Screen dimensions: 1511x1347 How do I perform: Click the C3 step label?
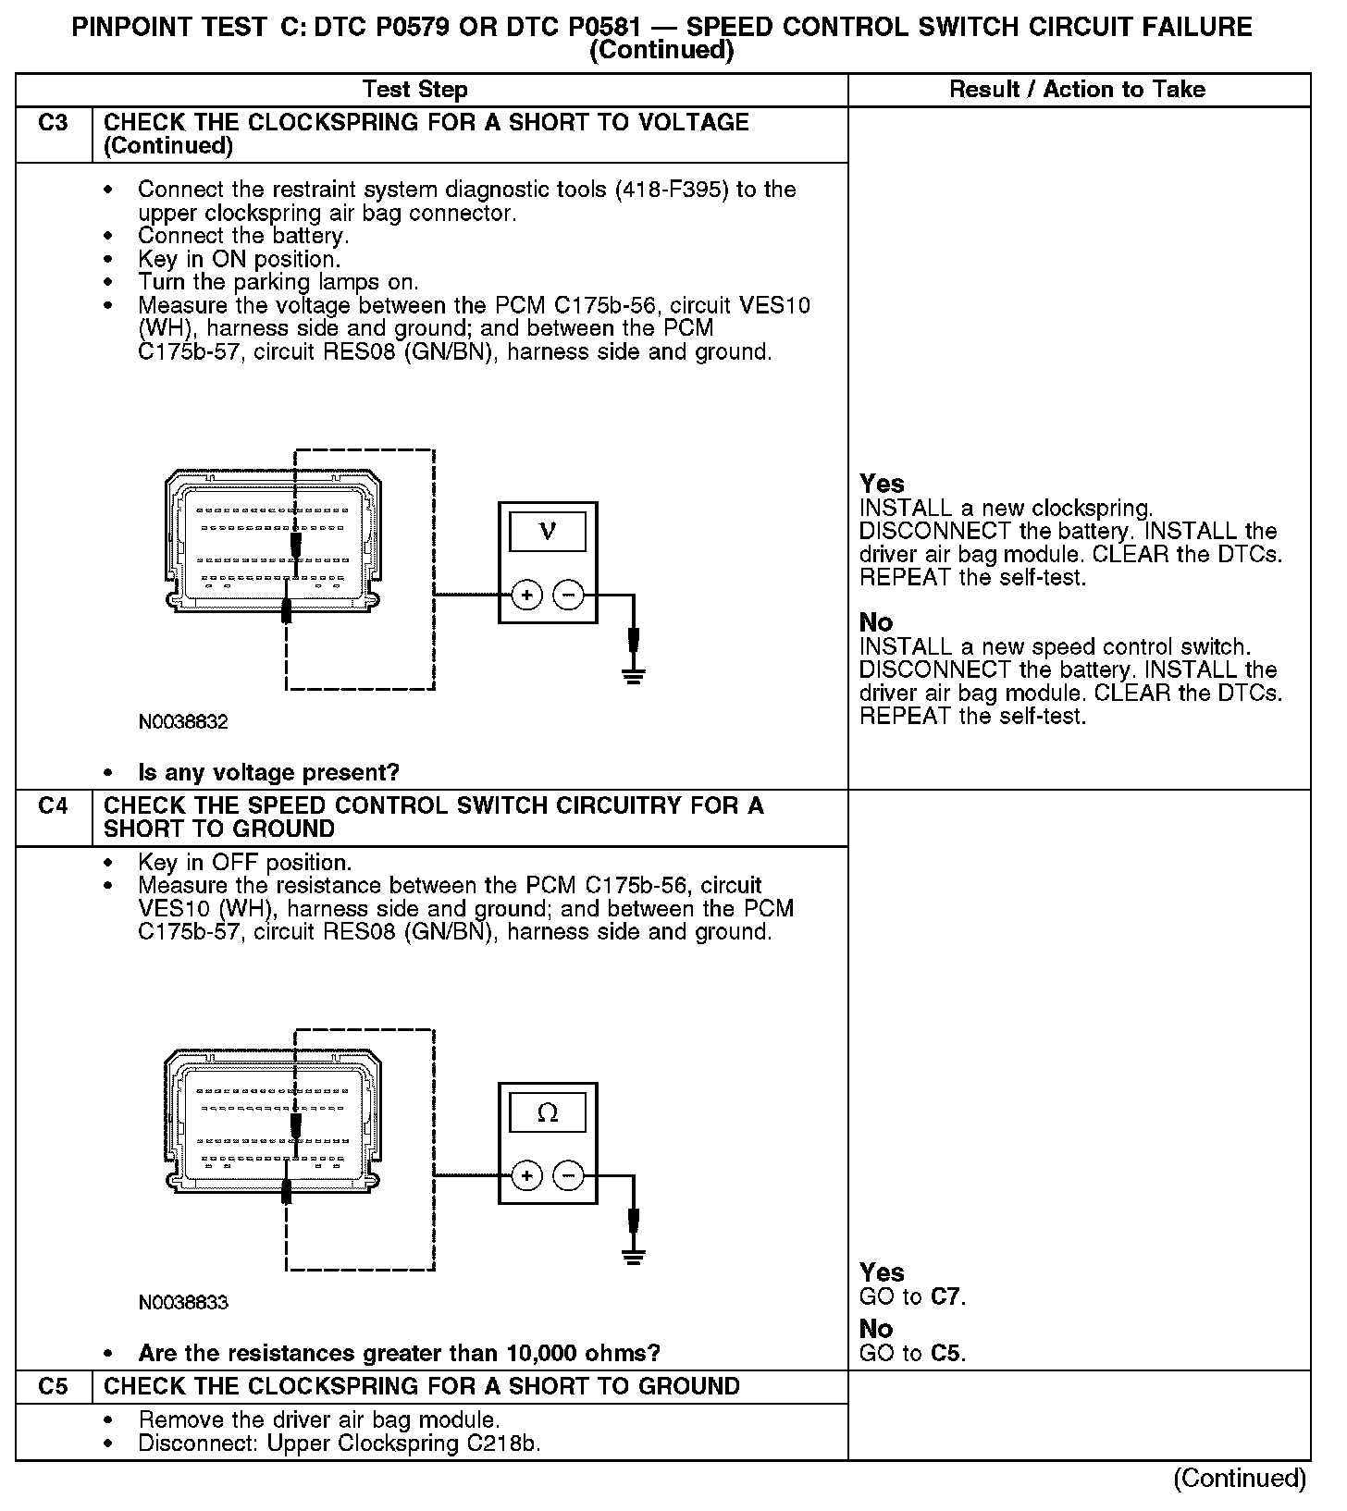[x=54, y=123]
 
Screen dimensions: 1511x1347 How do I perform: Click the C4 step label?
[x=54, y=806]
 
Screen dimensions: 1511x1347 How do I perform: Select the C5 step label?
[x=54, y=1386]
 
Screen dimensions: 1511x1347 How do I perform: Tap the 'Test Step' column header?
[x=415, y=90]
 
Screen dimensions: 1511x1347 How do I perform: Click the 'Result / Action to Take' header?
[x=1078, y=90]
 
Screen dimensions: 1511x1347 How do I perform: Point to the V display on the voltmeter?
[x=548, y=532]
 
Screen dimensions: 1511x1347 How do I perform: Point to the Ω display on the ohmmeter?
[x=548, y=1112]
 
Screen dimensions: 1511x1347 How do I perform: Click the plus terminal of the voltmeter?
[x=527, y=596]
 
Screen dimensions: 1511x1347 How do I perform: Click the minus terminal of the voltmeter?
[x=568, y=596]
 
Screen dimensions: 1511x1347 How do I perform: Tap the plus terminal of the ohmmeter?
[x=527, y=1176]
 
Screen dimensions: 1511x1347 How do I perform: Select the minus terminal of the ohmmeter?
[x=568, y=1176]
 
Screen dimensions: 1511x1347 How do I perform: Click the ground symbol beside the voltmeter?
[x=634, y=675]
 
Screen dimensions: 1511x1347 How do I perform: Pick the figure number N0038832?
[x=183, y=721]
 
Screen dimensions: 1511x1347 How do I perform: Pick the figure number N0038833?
[x=183, y=1302]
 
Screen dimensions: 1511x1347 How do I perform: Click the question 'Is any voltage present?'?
[x=268, y=772]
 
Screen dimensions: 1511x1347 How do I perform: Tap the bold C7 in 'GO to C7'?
[x=945, y=1296]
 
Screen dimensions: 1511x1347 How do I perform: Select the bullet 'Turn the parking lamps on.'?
[x=278, y=282]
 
